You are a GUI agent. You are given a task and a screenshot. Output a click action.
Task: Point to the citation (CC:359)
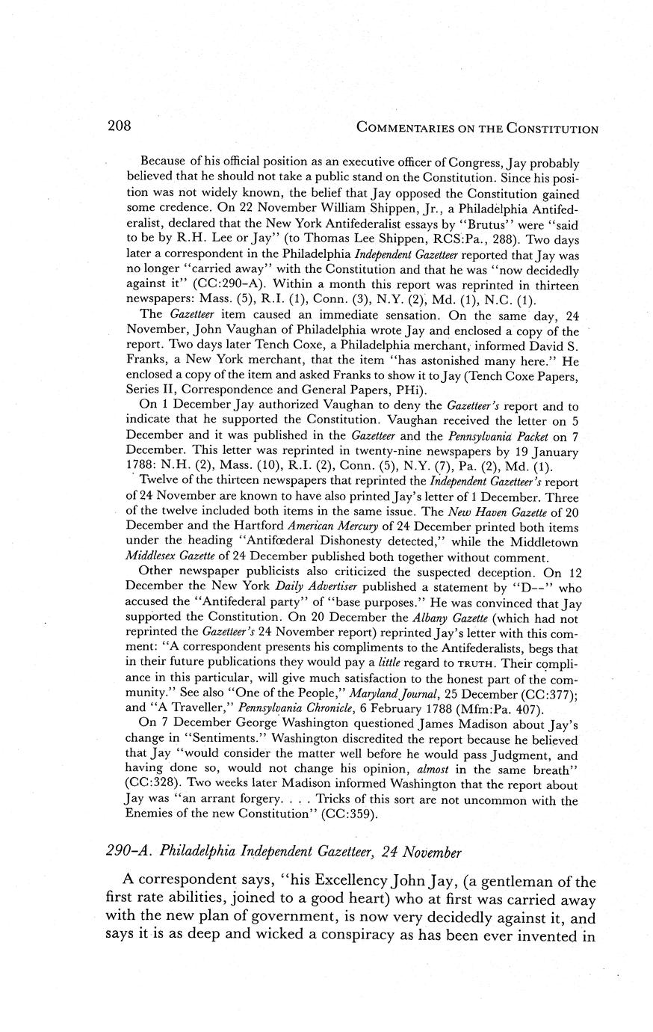pyautogui.click(x=329, y=814)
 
